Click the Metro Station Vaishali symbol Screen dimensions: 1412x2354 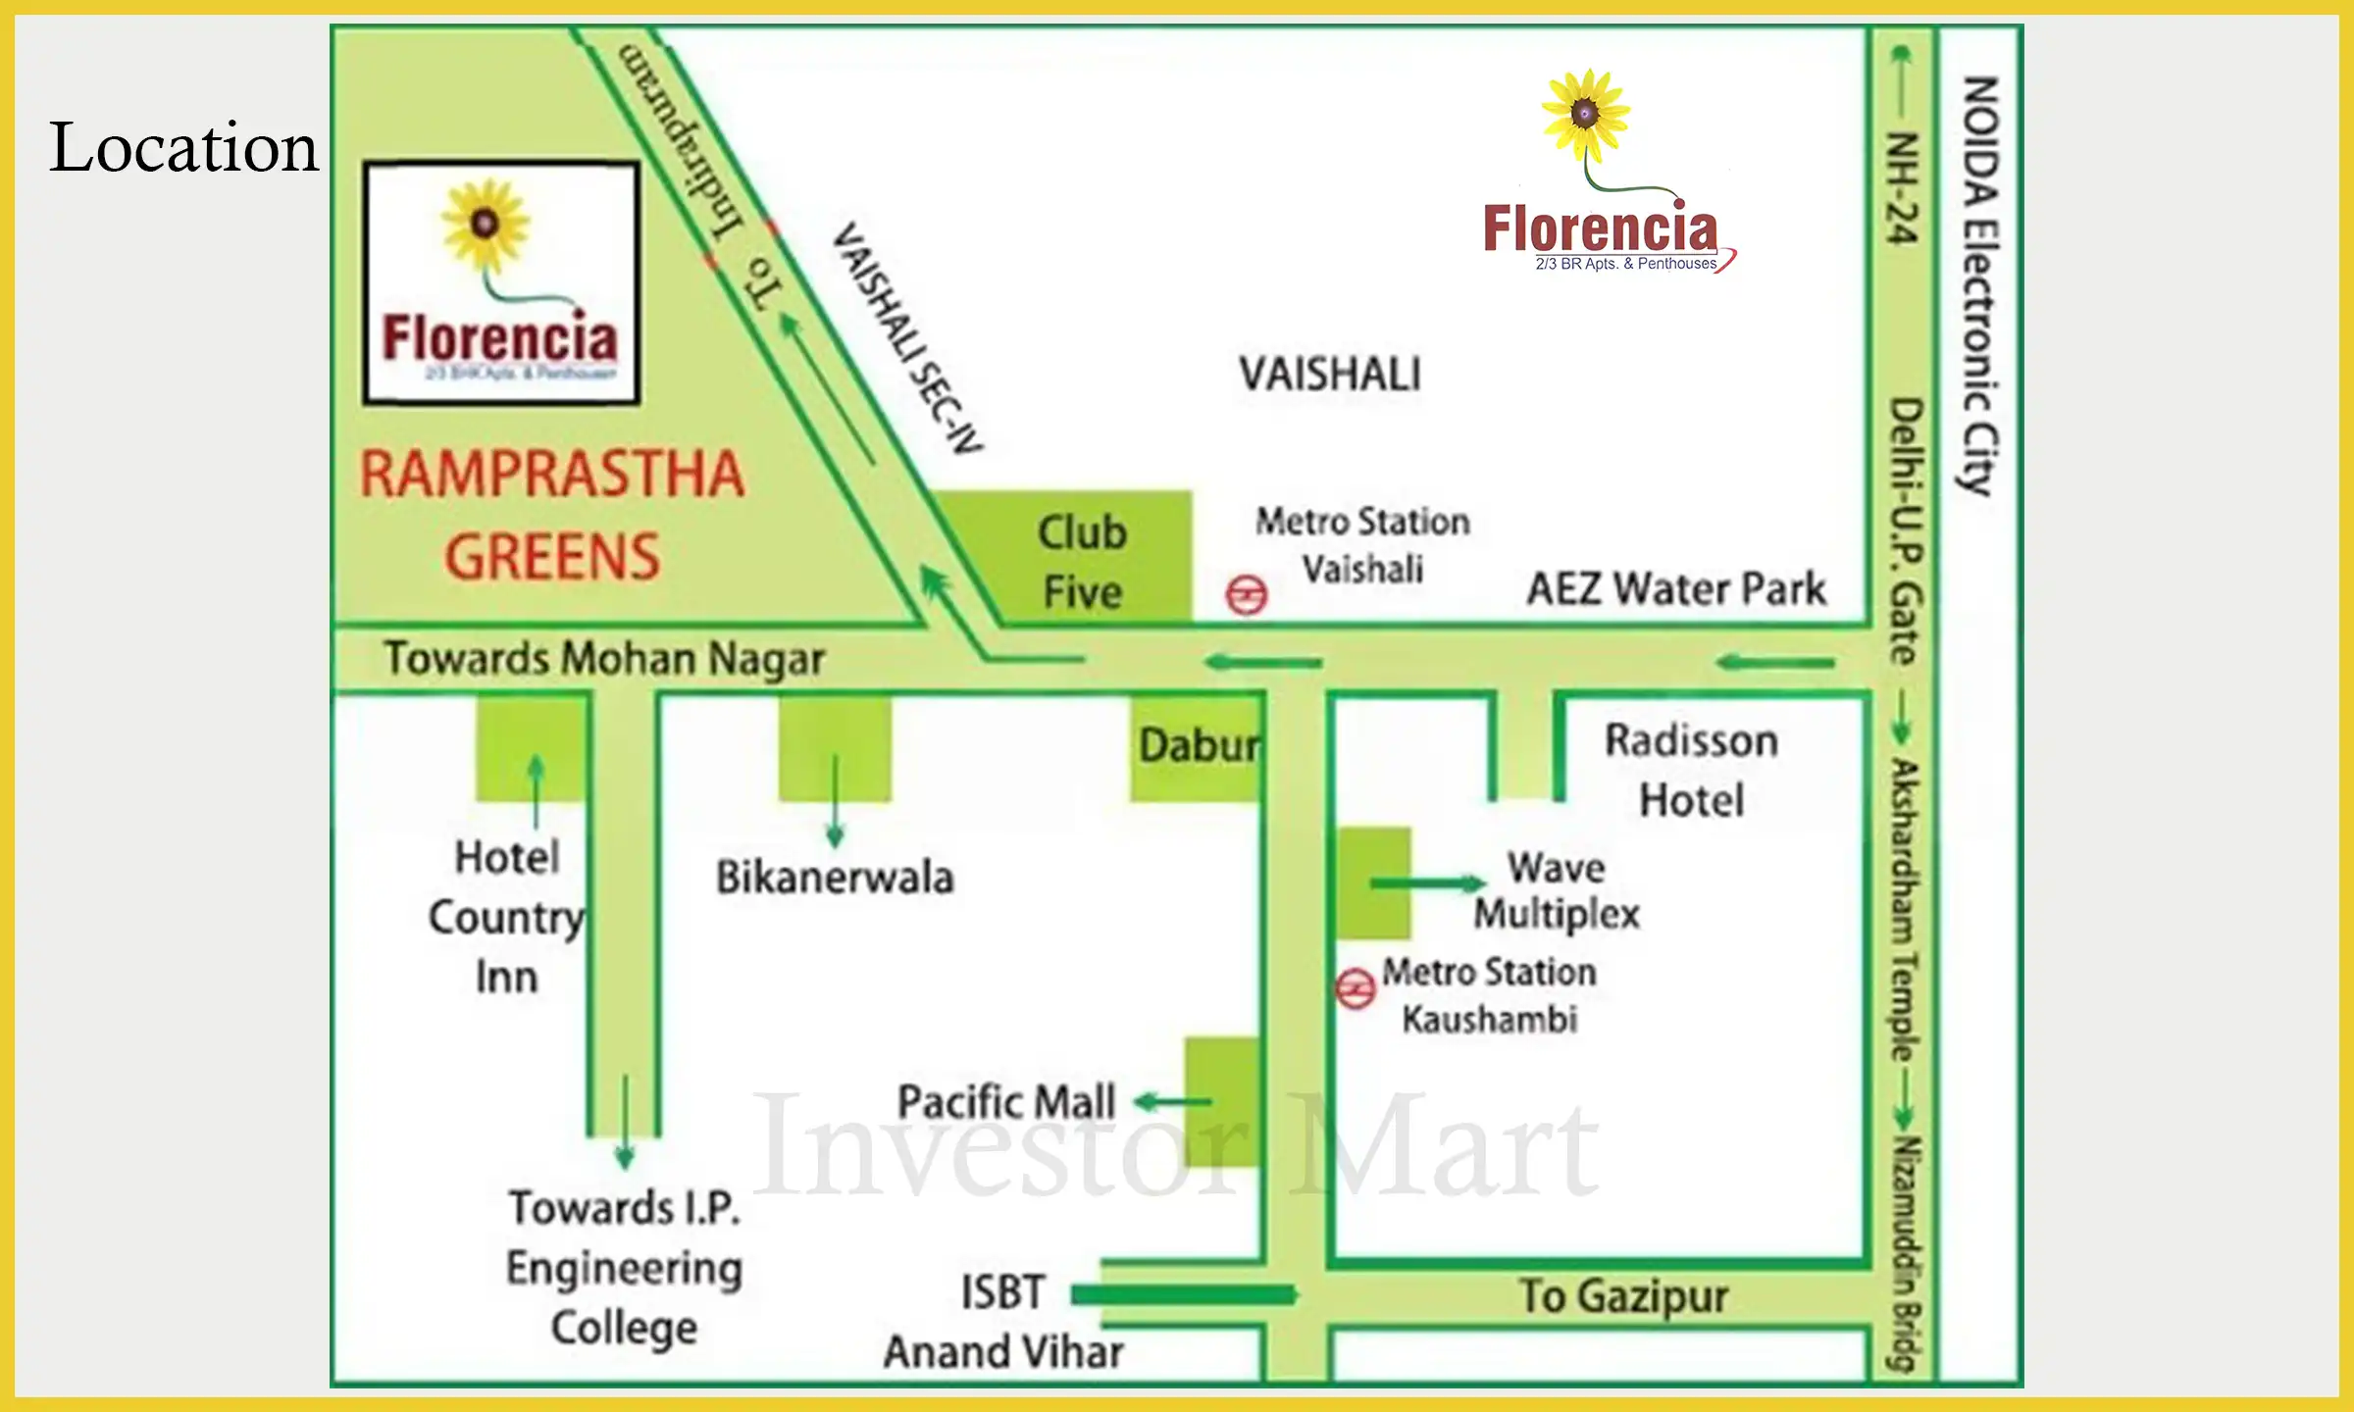pyautogui.click(x=1246, y=595)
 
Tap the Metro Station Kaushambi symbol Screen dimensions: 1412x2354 pyautogui.click(x=1356, y=988)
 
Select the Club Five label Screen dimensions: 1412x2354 pyautogui.click(x=1082, y=561)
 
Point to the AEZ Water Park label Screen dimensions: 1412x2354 pyautogui.click(x=1676, y=589)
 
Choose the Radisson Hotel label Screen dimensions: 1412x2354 pyautogui.click(x=1691, y=770)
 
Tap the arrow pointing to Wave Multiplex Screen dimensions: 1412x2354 pyautogui.click(x=1427, y=883)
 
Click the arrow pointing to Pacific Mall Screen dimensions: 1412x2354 pyautogui.click(x=1174, y=1102)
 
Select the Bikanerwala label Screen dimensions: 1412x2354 pyautogui.click(x=835, y=877)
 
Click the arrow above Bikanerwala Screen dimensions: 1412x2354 pyautogui.click(x=835, y=799)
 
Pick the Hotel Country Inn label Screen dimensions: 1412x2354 pyautogui.click(x=507, y=917)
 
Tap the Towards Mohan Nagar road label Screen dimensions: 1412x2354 pyautogui.click(x=604, y=659)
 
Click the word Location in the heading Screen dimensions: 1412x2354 pyautogui.click(x=184, y=148)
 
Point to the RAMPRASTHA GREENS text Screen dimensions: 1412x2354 pyautogui.click(x=552, y=515)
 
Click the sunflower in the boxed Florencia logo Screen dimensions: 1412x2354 pyautogui.click(x=485, y=225)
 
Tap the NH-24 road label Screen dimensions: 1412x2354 pyautogui.click(x=1902, y=186)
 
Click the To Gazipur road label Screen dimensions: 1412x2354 pyautogui.click(x=1623, y=1296)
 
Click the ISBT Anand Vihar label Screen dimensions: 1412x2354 pyautogui.click(x=1003, y=1322)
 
